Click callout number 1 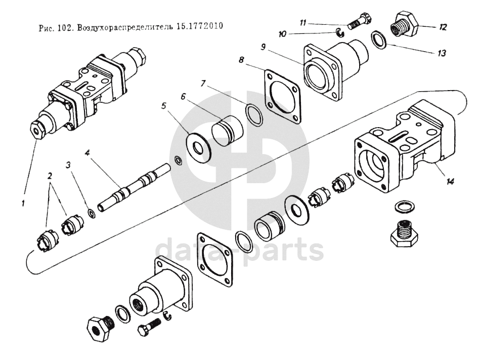pyautogui.click(x=23, y=204)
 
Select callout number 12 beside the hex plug pyautogui.click(x=443, y=27)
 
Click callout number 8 pyautogui.click(x=241, y=60)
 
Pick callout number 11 pyautogui.click(x=303, y=23)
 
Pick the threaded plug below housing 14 pyautogui.click(x=404, y=232)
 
